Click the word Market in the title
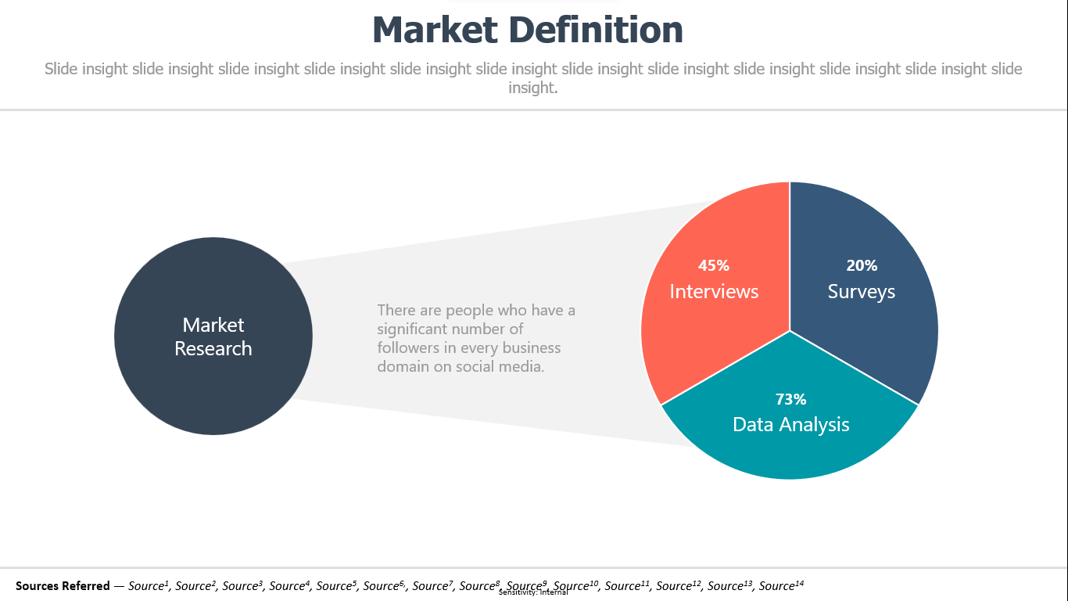(435, 30)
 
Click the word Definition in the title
(596, 30)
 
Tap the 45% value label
(714, 265)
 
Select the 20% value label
(862, 265)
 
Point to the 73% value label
(790, 399)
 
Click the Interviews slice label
(714, 291)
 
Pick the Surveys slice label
(861, 292)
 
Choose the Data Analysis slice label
(790, 425)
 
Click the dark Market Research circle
(213, 336)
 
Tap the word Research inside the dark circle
(213, 348)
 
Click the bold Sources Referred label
(63, 585)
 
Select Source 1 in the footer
(149, 585)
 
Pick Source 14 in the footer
(781, 585)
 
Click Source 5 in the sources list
(336, 585)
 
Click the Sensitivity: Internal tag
(533, 592)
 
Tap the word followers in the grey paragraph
(408, 347)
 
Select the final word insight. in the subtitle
(532, 88)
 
